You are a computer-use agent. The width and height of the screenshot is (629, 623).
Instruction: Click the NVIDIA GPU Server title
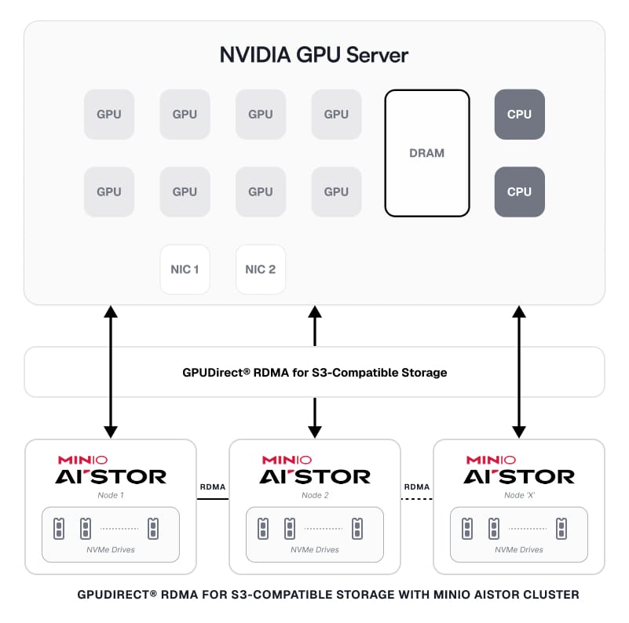pyautogui.click(x=314, y=56)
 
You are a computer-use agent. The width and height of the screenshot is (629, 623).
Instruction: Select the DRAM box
pyautogui.click(x=426, y=153)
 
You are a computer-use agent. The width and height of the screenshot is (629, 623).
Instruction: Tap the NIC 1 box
pyautogui.click(x=185, y=269)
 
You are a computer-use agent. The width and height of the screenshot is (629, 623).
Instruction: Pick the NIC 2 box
pyautogui.click(x=261, y=269)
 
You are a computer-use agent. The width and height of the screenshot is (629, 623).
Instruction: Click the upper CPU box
pyautogui.click(x=519, y=115)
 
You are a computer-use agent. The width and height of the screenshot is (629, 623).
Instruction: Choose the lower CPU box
pyautogui.click(x=519, y=191)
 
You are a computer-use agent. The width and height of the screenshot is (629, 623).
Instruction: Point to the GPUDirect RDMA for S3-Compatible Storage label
pyautogui.click(x=314, y=373)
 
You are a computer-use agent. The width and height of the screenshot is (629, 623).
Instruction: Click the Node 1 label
pyautogui.click(x=110, y=495)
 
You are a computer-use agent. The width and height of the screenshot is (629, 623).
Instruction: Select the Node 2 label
pyautogui.click(x=314, y=495)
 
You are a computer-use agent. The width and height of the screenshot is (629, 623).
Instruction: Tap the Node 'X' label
pyautogui.click(x=518, y=495)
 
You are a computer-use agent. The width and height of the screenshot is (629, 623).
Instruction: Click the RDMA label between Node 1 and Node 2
pyautogui.click(x=213, y=487)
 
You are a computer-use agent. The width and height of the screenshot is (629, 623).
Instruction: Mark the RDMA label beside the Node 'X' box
pyautogui.click(x=417, y=487)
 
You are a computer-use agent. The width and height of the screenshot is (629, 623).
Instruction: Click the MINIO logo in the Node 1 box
pyautogui.click(x=82, y=460)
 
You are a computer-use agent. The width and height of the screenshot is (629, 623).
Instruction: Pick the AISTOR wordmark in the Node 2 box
pyautogui.click(x=314, y=476)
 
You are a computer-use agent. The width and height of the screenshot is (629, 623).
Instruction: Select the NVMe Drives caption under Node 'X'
pyautogui.click(x=518, y=549)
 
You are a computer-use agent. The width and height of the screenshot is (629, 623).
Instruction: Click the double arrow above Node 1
pyautogui.click(x=111, y=372)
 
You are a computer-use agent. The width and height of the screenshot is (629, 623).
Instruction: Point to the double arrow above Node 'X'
pyautogui.click(x=518, y=372)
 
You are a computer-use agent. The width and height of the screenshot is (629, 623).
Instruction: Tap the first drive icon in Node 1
pyautogui.click(x=58, y=527)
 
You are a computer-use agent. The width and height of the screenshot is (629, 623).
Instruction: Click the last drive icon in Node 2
pyautogui.click(x=357, y=527)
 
